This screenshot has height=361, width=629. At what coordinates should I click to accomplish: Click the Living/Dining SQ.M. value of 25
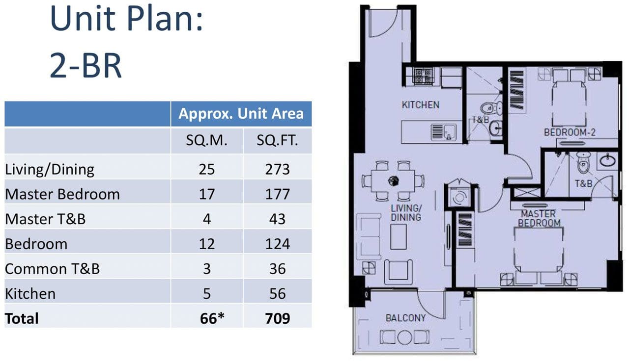point(207,169)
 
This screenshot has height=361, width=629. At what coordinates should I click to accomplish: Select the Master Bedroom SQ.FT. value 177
point(277,194)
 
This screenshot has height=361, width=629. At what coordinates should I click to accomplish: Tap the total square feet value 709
point(277,318)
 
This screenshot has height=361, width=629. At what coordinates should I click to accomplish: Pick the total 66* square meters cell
point(212,318)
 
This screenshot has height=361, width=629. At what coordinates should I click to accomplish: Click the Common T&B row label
point(52,269)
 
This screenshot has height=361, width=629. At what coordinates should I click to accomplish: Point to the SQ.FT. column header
point(277,140)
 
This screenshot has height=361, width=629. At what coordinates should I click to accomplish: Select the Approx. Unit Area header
point(241,114)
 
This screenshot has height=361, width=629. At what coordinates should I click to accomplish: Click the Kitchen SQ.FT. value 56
point(278,294)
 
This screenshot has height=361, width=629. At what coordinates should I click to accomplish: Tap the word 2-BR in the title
point(86,66)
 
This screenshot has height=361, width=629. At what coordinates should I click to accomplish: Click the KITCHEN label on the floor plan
point(420,105)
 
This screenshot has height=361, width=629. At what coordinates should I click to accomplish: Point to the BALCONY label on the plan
point(405,318)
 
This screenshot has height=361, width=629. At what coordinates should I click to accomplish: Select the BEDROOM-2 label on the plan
point(570,132)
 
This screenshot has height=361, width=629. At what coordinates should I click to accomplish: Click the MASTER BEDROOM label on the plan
point(539,218)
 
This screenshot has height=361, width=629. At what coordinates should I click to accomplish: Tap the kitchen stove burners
point(423,76)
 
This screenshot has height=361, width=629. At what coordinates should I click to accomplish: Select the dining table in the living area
point(393,181)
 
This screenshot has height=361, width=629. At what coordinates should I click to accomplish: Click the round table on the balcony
point(404,337)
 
